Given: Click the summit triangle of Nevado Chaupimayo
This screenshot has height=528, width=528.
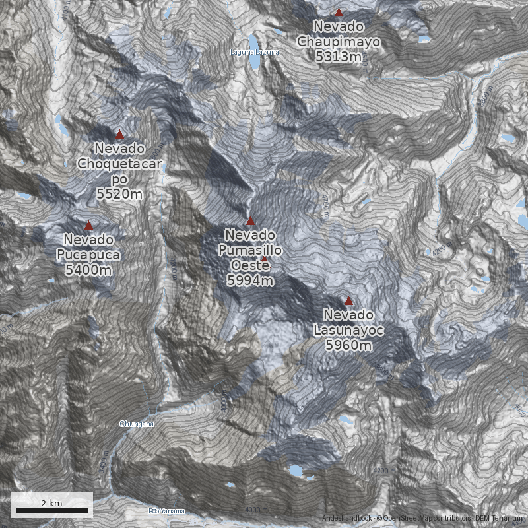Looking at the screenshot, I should point(339,13).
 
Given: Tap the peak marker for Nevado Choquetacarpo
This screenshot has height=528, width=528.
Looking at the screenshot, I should point(119,134).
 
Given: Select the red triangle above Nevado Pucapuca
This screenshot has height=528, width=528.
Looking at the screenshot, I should point(88,226).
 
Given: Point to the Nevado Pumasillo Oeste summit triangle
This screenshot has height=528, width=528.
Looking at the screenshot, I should point(250,221).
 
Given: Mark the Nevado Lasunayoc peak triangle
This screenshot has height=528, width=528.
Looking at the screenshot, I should point(349,300).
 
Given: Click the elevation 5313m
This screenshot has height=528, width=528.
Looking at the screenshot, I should point(339,57).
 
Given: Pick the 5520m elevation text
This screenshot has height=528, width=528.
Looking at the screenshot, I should point(119,193).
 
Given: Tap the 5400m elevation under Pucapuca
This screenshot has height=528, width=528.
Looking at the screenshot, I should point(88,269).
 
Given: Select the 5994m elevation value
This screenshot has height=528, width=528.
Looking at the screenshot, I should point(250,280).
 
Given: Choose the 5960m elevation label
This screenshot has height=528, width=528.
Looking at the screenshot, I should point(349,345).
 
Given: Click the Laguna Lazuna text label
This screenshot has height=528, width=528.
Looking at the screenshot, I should point(255,51).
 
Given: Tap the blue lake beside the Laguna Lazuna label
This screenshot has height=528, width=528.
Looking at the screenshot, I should point(253,61).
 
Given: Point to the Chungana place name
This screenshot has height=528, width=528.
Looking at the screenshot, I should point(137,424).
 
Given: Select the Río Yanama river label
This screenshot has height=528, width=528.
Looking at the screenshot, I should point(166,511).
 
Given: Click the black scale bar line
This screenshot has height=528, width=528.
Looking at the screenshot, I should point(51,510).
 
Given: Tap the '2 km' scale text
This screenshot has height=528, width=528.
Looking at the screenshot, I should point(51,503).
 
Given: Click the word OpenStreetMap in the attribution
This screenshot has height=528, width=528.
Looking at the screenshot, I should point(411,519).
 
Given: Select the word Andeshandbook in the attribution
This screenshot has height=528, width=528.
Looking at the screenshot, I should point(347,519).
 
